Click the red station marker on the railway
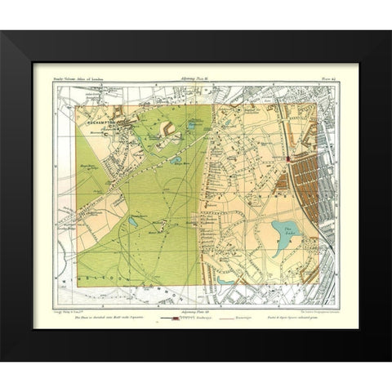(289, 160)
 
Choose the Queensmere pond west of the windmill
(132, 220)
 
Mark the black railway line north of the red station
(283, 122)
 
